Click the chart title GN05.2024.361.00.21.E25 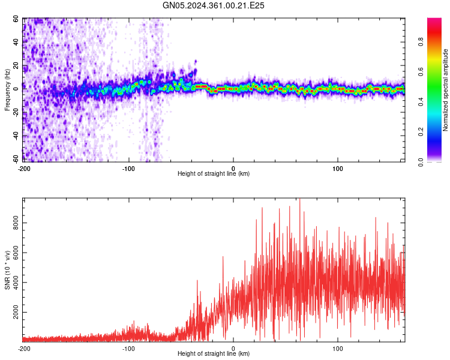pyautogui.click(x=214, y=5)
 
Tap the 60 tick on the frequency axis pyautogui.click(x=16, y=19)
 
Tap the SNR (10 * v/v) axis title pyautogui.click(x=7, y=271)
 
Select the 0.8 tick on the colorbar pyautogui.click(x=437, y=43)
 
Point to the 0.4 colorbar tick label pyautogui.click(x=437, y=102)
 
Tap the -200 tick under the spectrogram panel pyautogui.click(x=24, y=167)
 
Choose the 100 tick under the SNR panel pyautogui.click(x=337, y=348)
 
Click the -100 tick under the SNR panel pyautogui.click(x=128, y=348)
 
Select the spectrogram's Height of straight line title pyautogui.click(x=214, y=174)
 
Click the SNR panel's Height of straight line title pyautogui.click(x=214, y=355)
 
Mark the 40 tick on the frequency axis pyautogui.click(x=16, y=42)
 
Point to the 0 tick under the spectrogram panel pyautogui.click(x=233, y=167)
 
